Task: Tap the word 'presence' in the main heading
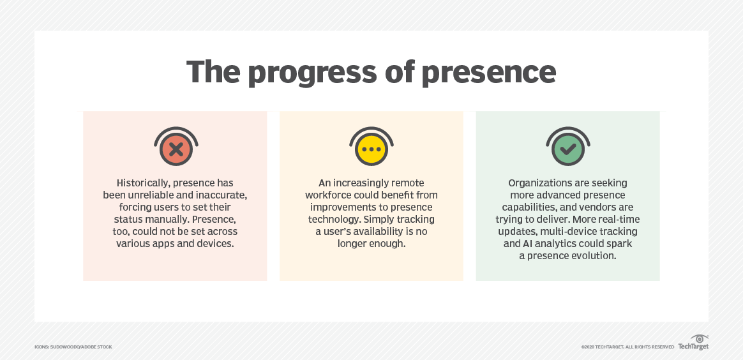click(488, 73)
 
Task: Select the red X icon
click(176, 150)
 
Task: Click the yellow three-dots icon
click(371, 150)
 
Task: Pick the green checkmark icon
click(567, 150)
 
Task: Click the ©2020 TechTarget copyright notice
click(627, 347)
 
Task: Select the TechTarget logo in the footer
click(693, 343)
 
